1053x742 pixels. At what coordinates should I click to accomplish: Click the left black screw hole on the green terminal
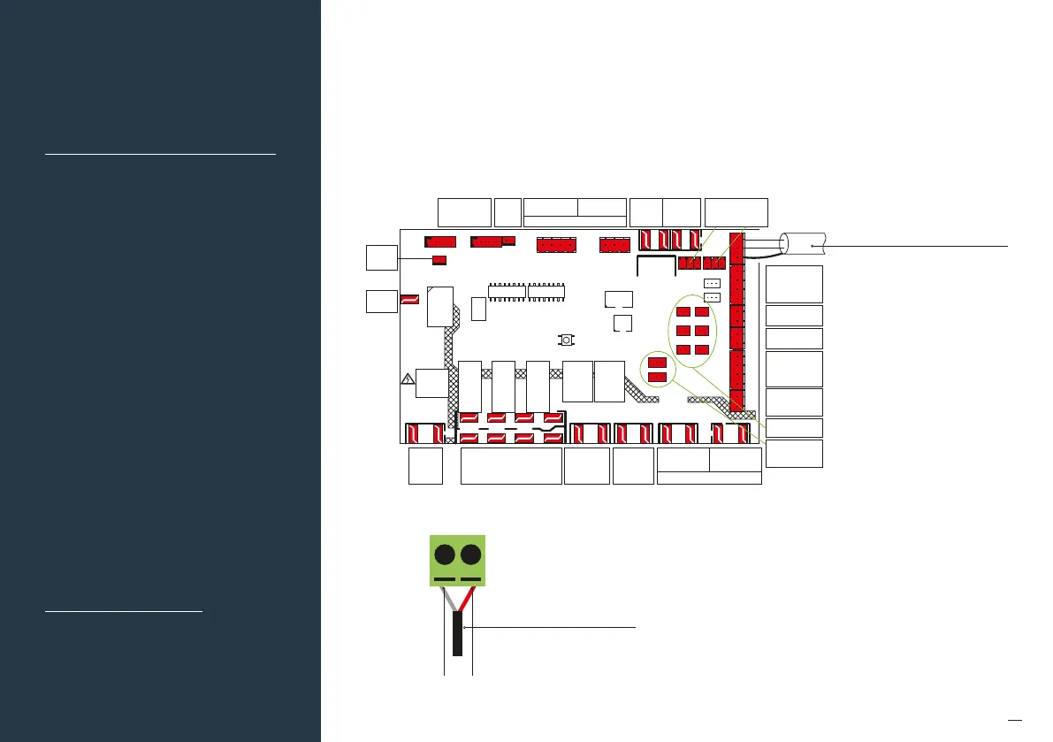[445, 555]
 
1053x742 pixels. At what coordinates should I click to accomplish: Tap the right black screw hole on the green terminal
[471, 555]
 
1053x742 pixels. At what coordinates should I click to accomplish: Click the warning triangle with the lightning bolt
[408, 379]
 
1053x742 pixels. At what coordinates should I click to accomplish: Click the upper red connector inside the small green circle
[657, 362]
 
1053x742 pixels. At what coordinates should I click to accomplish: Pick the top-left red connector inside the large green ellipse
[683, 311]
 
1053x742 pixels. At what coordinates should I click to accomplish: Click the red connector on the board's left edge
[409, 300]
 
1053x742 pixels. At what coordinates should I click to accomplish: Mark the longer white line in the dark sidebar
[160, 153]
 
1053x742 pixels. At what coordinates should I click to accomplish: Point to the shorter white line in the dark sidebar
[124, 610]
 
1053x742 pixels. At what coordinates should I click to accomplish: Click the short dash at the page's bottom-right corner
[1015, 718]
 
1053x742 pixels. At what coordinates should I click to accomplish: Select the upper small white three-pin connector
[713, 283]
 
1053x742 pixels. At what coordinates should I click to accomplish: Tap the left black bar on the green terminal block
[445, 580]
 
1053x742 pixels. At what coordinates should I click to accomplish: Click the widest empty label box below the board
[512, 466]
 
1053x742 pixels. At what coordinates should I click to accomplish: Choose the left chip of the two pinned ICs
[507, 291]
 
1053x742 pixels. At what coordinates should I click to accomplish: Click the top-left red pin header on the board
[440, 241]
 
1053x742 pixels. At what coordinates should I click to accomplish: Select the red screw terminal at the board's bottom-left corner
[423, 433]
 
